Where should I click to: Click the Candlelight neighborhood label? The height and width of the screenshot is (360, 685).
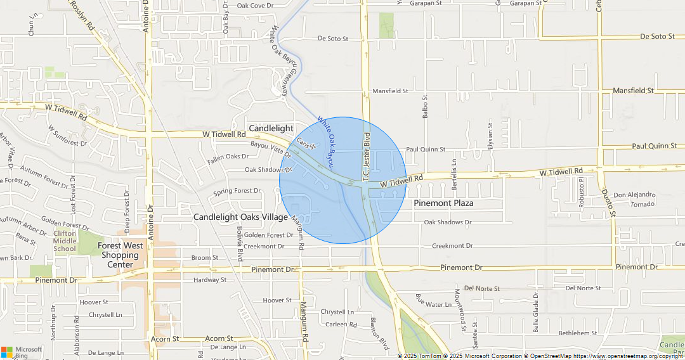tap(271, 128)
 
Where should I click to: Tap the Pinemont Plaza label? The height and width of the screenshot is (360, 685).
tap(443, 203)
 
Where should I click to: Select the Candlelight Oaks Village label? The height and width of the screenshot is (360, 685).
tap(240, 217)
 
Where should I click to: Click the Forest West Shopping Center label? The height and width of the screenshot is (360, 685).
tap(120, 255)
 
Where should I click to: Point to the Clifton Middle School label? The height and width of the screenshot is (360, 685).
tap(65, 241)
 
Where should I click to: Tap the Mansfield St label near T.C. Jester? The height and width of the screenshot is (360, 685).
tap(390, 91)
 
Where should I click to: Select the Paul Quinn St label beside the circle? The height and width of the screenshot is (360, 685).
tap(426, 150)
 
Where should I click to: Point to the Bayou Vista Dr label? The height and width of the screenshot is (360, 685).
tap(270, 149)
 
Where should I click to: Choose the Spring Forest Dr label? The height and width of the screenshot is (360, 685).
tap(237, 191)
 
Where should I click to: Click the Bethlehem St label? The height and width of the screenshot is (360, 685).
tap(577, 333)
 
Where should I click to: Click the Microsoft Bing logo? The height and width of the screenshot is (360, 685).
tap(22, 352)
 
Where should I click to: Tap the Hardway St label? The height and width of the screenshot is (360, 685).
tap(210, 280)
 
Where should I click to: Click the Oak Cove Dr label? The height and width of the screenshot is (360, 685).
tap(255, 6)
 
